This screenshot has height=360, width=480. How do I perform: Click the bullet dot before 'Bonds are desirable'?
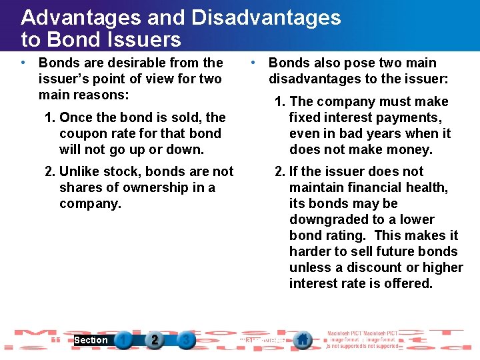pos(23,63)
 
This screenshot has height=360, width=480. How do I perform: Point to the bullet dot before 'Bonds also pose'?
pos(253,63)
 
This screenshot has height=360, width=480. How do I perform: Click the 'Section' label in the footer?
pos(91,340)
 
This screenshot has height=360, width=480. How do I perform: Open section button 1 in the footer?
pos(123,340)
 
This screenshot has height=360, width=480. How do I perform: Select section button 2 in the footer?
pos(154,340)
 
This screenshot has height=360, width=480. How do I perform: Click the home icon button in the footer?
pos(303,340)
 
